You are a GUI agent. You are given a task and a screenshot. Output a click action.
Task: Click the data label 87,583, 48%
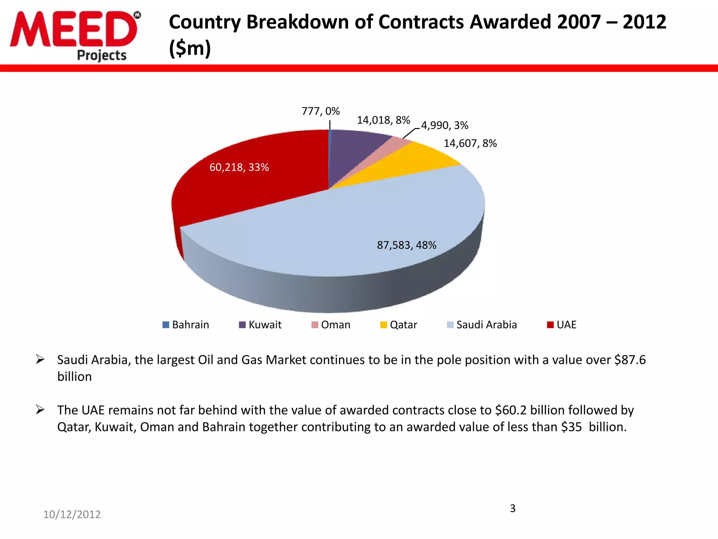click(x=407, y=245)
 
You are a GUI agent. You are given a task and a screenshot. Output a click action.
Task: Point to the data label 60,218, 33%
click(x=239, y=167)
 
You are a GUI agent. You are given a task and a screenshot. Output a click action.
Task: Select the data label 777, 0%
click(x=320, y=111)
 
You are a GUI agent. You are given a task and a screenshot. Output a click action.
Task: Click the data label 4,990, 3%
click(x=445, y=125)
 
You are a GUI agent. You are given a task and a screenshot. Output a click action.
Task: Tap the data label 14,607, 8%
click(x=470, y=143)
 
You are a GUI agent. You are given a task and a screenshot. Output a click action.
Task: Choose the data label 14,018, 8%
click(x=383, y=120)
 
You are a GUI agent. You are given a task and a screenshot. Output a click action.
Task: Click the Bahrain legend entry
click(x=186, y=325)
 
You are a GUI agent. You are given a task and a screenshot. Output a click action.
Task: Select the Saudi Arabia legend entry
click(x=482, y=325)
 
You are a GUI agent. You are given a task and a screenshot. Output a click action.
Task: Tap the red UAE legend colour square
click(x=550, y=325)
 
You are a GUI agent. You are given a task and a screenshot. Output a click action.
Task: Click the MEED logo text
click(x=74, y=29)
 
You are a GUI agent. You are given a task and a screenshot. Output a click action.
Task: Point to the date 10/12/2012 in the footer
click(x=72, y=514)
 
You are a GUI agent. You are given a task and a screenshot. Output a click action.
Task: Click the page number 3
click(x=513, y=508)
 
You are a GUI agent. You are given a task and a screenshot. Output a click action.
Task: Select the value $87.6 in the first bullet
click(x=630, y=360)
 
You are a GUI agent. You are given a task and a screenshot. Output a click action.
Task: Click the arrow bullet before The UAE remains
click(x=40, y=410)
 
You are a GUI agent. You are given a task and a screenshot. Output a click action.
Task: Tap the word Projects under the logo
click(x=102, y=55)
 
